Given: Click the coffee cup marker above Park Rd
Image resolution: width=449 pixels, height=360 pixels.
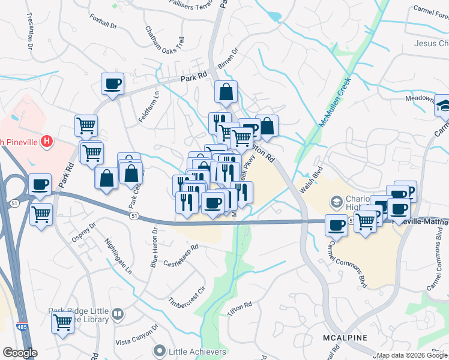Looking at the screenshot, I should click(x=112, y=84).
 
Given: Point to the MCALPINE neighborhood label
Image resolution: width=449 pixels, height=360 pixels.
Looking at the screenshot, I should click(x=345, y=338).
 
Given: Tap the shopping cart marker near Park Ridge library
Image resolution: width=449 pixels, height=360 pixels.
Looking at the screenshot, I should click(x=62, y=322).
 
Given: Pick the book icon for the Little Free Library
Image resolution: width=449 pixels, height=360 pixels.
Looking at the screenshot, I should click(x=118, y=314).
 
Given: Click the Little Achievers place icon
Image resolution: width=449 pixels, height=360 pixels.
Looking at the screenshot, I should click(x=159, y=350).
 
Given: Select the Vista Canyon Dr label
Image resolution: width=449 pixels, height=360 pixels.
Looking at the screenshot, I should click(x=137, y=335).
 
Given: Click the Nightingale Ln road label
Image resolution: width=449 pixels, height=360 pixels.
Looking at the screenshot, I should click(x=118, y=257).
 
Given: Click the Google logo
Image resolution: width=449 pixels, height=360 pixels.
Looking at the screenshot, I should click(x=20, y=352).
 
